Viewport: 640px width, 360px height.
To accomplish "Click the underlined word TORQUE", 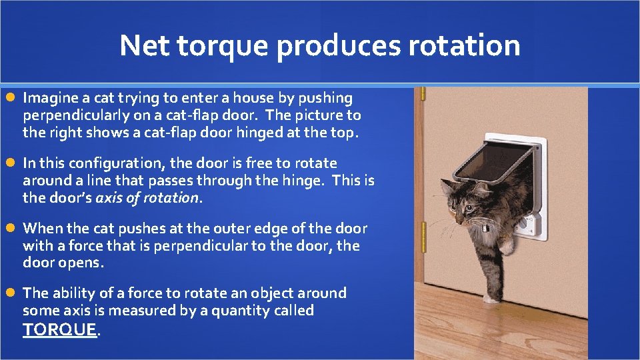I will coord(60,329).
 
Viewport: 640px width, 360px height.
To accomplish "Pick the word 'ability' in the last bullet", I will coord(72,293).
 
